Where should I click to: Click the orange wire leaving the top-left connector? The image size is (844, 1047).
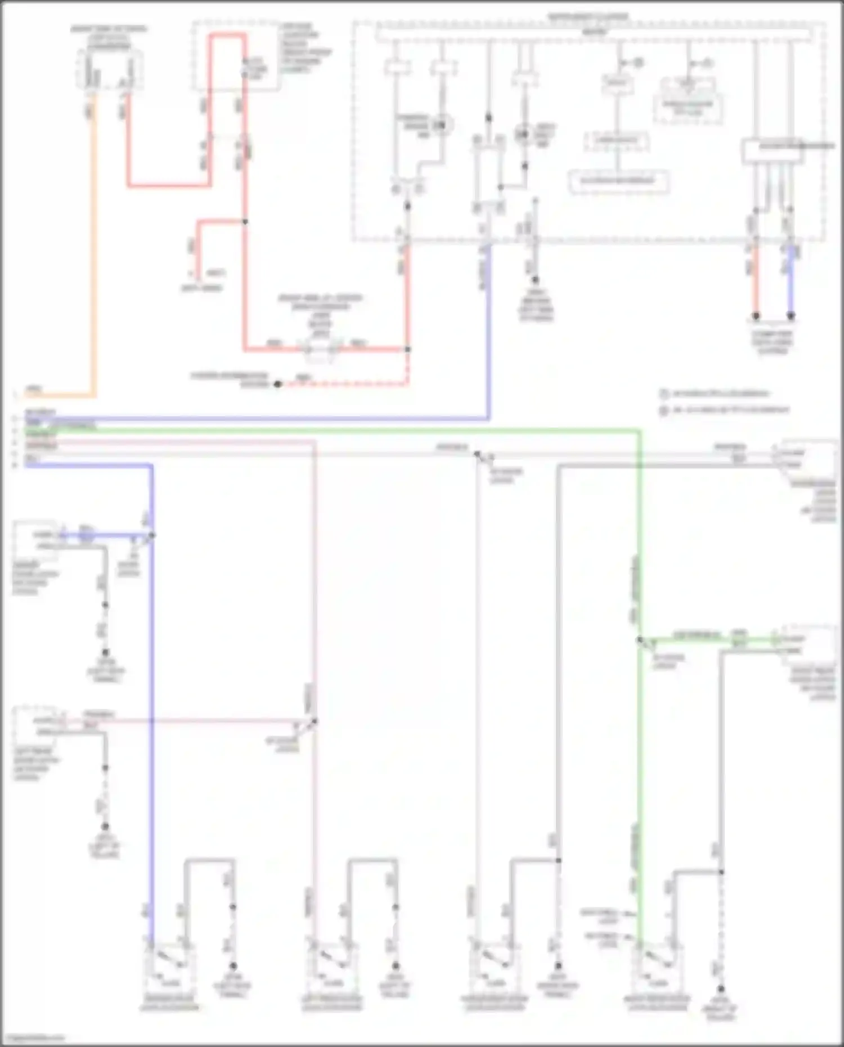pos(93,253)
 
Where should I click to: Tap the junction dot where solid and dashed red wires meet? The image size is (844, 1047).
pos(408,349)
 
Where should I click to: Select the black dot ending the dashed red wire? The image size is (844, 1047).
pos(277,384)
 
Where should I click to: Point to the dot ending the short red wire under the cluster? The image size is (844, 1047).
pos(756,316)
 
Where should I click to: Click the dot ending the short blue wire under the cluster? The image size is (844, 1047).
pos(791,316)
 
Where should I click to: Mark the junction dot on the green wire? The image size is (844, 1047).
pos(639,640)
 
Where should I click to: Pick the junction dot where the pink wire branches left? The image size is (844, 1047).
pos(315,721)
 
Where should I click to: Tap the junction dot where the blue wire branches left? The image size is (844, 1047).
pos(152,535)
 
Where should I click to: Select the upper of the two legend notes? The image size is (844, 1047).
pos(715,393)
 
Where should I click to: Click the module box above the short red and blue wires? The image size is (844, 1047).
pos(772,151)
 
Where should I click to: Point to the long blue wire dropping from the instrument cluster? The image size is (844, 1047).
pos(488,338)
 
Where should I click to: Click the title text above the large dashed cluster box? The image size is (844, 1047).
pos(588,17)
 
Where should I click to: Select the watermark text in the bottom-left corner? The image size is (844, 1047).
pos(34,1038)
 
